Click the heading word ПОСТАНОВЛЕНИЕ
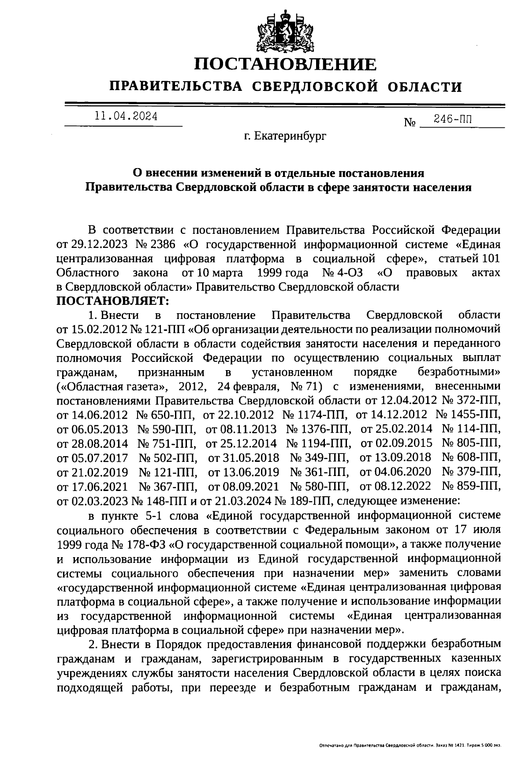point(286,65)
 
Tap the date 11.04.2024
point(126,116)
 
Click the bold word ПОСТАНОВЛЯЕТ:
point(113,302)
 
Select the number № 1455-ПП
point(468,415)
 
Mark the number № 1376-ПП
point(319,429)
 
